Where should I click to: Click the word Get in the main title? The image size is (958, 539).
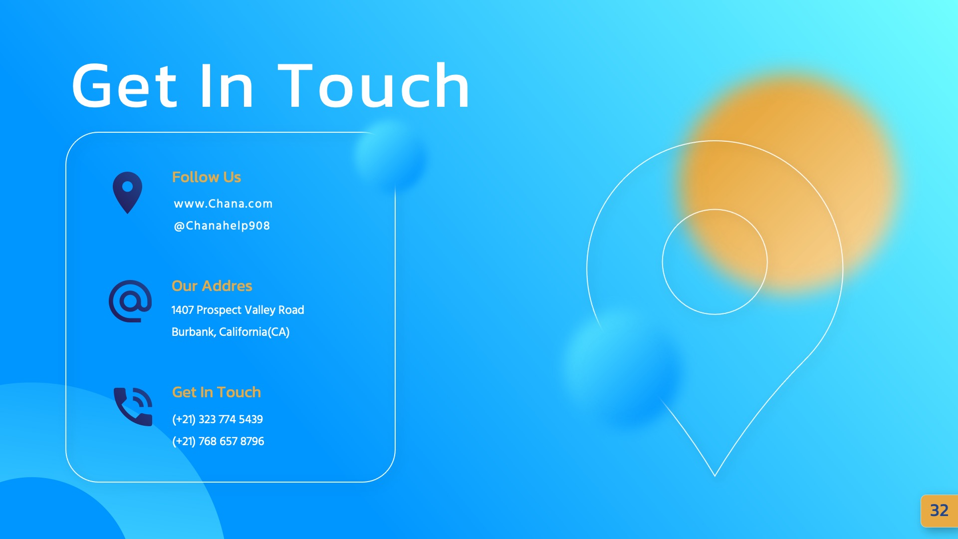coord(125,86)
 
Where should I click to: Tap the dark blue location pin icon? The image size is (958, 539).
coord(128,192)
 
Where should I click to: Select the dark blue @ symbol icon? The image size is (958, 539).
coord(130,301)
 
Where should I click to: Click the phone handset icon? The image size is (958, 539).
coord(133,406)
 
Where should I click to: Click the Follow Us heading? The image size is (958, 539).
coord(206,177)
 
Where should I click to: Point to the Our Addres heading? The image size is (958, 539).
coord(212,286)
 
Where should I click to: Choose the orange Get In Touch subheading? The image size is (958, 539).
coord(216,392)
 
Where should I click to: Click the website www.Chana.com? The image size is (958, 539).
coord(223,204)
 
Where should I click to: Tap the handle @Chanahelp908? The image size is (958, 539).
coord(222,226)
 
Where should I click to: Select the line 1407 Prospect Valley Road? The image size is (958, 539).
coord(238,310)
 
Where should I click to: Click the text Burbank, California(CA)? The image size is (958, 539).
coord(230,332)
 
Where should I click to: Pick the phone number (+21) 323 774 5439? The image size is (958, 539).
coord(217,419)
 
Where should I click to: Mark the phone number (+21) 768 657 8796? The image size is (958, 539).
coord(218,441)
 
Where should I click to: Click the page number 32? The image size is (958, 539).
coord(939,511)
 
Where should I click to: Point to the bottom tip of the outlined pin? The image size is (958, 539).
coord(715,475)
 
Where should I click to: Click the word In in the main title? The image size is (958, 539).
coord(227,86)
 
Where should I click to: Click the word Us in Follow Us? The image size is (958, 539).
coord(232,177)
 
